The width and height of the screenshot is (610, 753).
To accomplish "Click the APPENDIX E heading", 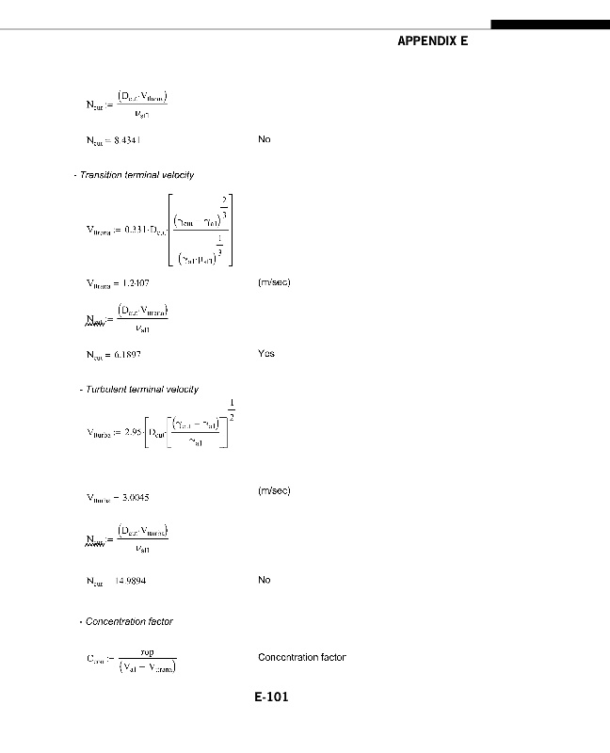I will (432, 41).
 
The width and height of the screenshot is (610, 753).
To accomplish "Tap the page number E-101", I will (271, 697).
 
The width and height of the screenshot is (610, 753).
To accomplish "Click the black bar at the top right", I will (550, 24).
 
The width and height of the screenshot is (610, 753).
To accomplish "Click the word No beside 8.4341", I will (264, 139).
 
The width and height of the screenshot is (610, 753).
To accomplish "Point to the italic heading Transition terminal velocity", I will (136, 175).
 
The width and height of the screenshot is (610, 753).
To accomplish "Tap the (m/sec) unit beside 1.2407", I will (274, 282).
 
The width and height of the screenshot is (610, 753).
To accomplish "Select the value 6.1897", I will (128, 355).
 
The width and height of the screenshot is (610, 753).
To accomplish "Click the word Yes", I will (265, 354).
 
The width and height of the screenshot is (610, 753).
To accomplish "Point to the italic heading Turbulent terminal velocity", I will (141, 389).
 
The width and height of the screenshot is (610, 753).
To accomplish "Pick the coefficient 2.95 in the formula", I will (131, 434).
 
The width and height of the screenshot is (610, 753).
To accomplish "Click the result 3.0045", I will (132, 497).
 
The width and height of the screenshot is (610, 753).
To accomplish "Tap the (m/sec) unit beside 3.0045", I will (274, 490).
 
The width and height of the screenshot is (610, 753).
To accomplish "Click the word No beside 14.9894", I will (264, 580).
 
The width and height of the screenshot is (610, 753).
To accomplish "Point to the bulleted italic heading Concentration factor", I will (129, 621).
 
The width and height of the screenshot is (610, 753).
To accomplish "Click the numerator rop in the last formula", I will (147, 650).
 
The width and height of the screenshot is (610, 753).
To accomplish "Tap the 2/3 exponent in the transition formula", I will (224, 206).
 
